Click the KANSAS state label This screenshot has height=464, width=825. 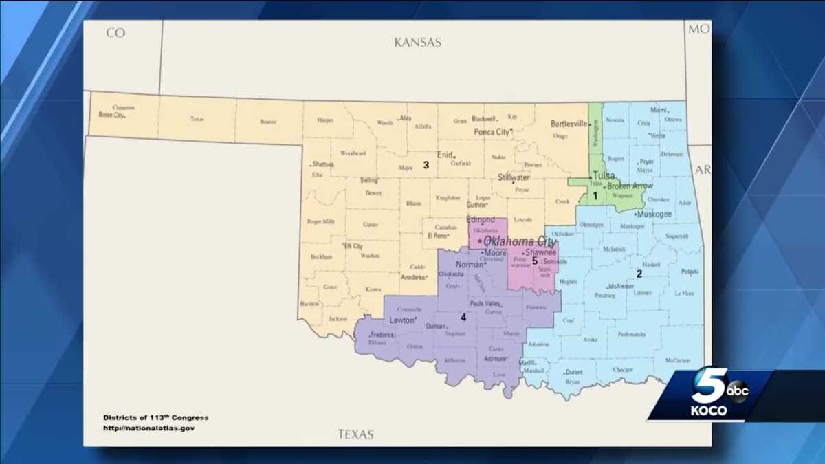(x=417, y=43)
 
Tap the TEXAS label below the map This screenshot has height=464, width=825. (x=355, y=434)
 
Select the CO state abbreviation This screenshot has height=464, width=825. (x=115, y=32)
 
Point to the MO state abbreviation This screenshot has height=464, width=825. (x=699, y=30)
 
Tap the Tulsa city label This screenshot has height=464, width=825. (x=604, y=175)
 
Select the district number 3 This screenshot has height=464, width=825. (x=426, y=164)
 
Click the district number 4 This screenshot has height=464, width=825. (x=463, y=317)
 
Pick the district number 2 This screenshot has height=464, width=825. (x=639, y=273)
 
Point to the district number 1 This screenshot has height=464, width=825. (x=595, y=195)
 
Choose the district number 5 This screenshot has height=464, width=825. (x=534, y=261)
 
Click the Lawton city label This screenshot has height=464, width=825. (x=402, y=320)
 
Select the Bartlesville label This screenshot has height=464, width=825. (x=569, y=124)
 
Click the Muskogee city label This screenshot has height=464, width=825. (x=654, y=214)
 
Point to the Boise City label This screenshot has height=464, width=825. (x=111, y=115)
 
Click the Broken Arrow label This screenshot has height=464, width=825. (x=630, y=186)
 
